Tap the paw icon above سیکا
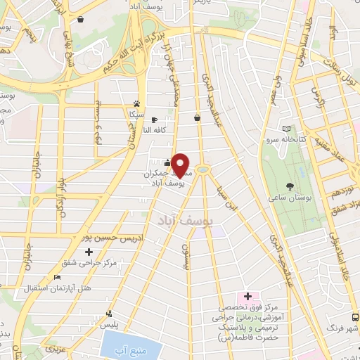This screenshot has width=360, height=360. click(x=136, y=103)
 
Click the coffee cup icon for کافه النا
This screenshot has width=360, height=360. click(x=153, y=120)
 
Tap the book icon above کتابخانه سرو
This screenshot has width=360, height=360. click(x=285, y=128)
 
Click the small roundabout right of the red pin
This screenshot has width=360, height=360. click(x=203, y=168)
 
